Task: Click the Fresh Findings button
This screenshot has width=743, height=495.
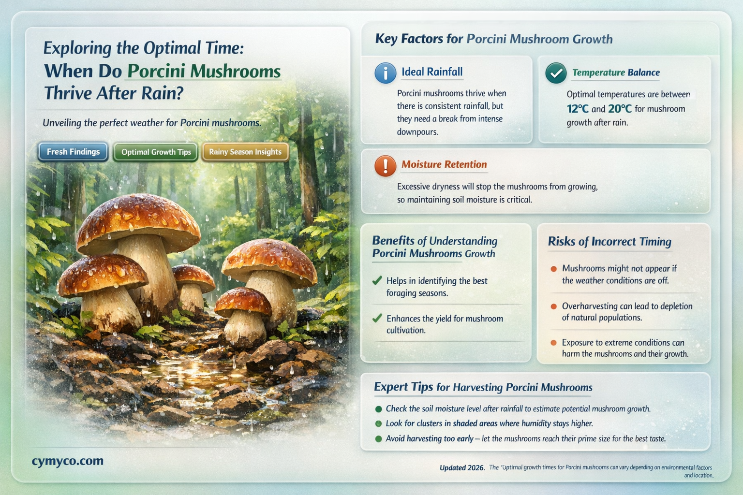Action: click(x=73, y=152)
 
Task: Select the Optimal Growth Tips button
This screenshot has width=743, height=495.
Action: click(x=156, y=152)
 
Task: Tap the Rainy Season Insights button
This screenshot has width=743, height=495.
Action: click(x=245, y=152)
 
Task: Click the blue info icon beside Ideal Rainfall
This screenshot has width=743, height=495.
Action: click(x=386, y=73)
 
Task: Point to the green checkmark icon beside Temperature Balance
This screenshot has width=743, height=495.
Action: click(x=556, y=73)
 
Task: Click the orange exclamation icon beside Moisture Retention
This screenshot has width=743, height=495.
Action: click(x=386, y=165)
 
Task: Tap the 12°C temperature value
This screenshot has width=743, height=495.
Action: click(x=578, y=109)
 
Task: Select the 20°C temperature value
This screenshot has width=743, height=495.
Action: click(x=620, y=109)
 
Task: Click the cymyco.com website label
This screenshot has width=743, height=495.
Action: click(x=68, y=461)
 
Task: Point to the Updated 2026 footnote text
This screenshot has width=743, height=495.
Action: click(x=462, y=467)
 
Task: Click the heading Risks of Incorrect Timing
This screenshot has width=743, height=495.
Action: click(x=609, y=241)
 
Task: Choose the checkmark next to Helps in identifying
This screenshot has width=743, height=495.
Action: click(x=377, y=280)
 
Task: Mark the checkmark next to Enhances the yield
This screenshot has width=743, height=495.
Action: click(x=377, y=318)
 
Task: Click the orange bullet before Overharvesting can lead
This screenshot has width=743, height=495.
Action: click(x=553, y=306)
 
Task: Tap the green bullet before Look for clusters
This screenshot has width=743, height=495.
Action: click(x=378, y=423)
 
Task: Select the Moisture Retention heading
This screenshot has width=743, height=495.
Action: click(x=444, y=164)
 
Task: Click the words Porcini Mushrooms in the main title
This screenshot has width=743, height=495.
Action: click(x=204, y=71)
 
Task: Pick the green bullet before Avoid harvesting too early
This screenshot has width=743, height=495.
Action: click(x=378, y=439)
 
